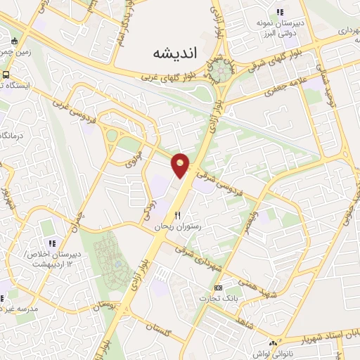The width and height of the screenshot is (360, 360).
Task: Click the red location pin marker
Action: click(181, 164)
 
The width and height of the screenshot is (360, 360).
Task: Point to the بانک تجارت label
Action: click(220, 298)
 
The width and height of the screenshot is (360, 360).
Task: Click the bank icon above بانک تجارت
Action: click(219, 287)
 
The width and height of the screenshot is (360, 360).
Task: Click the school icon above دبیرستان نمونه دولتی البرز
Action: click(280, 11)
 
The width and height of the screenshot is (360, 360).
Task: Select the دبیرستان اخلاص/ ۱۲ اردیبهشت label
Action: click(53, 259)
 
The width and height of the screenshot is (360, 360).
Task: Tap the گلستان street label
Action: click(161, 326)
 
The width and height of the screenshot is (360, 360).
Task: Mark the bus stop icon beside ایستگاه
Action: click(5, 75)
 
